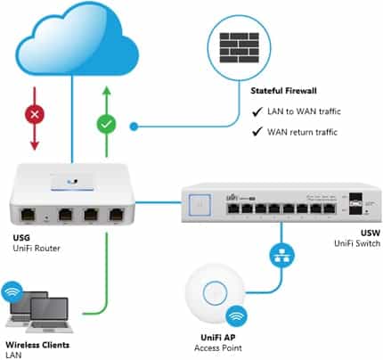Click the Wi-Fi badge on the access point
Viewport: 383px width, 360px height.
(x=236, y=316)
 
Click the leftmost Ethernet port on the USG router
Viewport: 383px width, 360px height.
(x=29, y=214)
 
